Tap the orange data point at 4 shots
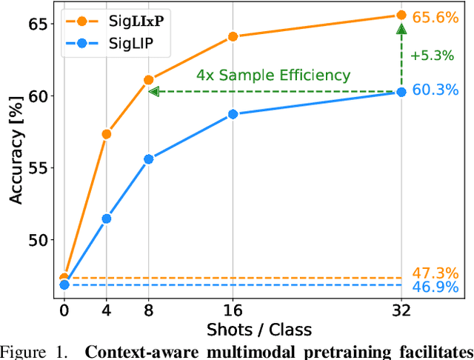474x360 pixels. (107, 134)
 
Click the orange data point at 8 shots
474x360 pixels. (149, 79)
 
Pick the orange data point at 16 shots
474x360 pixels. (233, 36)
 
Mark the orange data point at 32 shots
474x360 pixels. (401, 15)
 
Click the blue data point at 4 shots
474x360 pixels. (107, 219)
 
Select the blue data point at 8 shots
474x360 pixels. (149, 159)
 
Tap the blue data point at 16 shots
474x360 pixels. (233, 114)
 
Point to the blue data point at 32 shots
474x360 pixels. (401, 92)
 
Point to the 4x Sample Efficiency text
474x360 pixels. (273, 76)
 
